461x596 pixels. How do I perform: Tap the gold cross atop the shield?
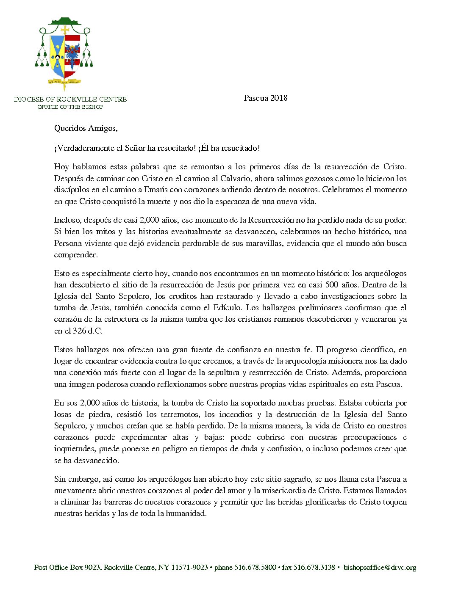click(x=65, y=30)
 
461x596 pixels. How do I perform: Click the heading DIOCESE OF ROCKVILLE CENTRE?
click(x=70, y=99)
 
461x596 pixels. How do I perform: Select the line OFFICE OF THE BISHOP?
click(x=70, y=107)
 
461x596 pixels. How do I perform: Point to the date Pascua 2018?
click(x=266, y=98)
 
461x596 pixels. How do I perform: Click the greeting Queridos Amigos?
click(x=86, y=128)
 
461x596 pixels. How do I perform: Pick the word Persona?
click(x=68, y=243)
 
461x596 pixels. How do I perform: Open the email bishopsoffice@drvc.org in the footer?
click(x=380, y=568)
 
